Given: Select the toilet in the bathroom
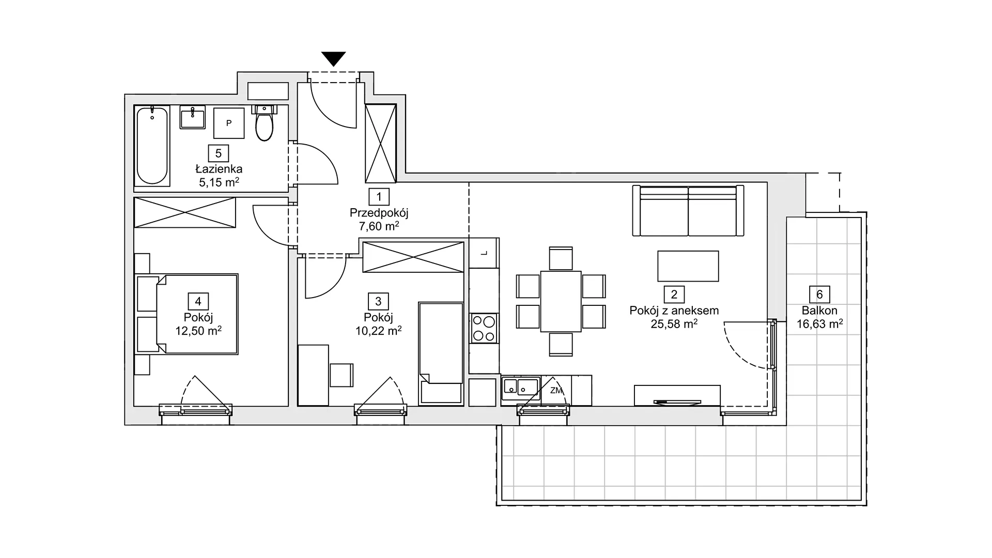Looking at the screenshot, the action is (265, 123).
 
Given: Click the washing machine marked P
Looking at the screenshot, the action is (229, 123).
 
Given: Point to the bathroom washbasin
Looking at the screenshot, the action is (192, 117).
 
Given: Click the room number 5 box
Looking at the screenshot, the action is (219, 153).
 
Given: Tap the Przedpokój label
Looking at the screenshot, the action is (379, 213).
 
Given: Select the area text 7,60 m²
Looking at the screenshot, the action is (379, 226).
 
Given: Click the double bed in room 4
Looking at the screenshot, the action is (187, 314).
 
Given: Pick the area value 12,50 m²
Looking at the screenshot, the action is (198, 331).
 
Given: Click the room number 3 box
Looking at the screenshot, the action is (379, 302).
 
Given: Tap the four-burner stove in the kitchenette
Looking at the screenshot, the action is (484, 329).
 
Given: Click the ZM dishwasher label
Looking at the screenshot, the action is (556, 391).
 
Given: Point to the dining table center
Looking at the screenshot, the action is (561, 301).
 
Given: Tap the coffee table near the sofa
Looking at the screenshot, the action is (688, 266).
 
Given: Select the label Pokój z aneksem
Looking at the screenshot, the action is (674, 311).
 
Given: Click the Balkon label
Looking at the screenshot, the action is (819, 311).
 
